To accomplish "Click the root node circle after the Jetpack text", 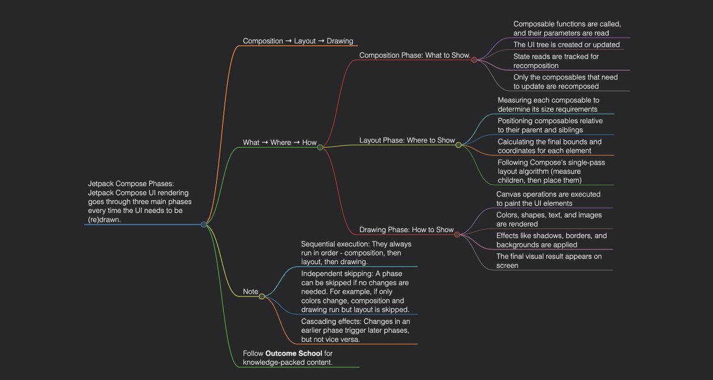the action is coord(204,225).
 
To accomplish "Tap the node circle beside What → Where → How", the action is coord(320,147).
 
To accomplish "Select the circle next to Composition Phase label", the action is coord(474,59).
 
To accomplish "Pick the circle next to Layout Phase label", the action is coord(458,145).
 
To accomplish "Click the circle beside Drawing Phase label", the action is coord(457,234).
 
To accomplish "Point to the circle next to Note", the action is coord(261,296).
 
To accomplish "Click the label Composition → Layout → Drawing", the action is coord(298,41).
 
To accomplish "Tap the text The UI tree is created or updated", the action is coord(566,45).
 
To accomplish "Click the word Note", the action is coord(250,291).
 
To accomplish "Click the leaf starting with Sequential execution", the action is coord(356,253).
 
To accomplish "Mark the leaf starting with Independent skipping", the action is coord(356,291).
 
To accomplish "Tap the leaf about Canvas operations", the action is coord(548,199).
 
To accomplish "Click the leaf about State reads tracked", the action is coord(556,61).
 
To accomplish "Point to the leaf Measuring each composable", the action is coord(548,105).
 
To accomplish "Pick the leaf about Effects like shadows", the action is coord(551,240).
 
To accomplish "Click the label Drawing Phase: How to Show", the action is coord(406,230).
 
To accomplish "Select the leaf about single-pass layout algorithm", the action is coord(548,171).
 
